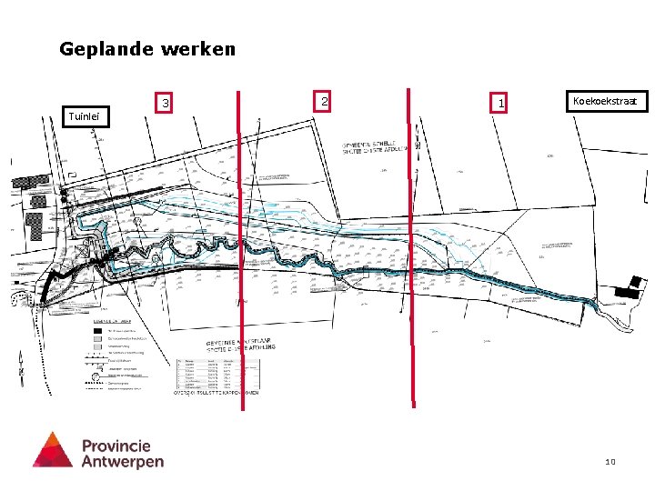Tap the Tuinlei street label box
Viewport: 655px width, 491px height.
tap(87, 115)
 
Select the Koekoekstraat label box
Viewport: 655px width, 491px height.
tap(607, 101)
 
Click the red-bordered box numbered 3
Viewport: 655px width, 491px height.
tap(165, 104)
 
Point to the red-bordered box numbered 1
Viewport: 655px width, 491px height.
tap(500, 104)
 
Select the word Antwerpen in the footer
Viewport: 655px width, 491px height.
tap(123, 461)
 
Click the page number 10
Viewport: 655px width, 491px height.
tap(610, 463)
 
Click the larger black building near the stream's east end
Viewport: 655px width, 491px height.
tap(629, 292)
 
